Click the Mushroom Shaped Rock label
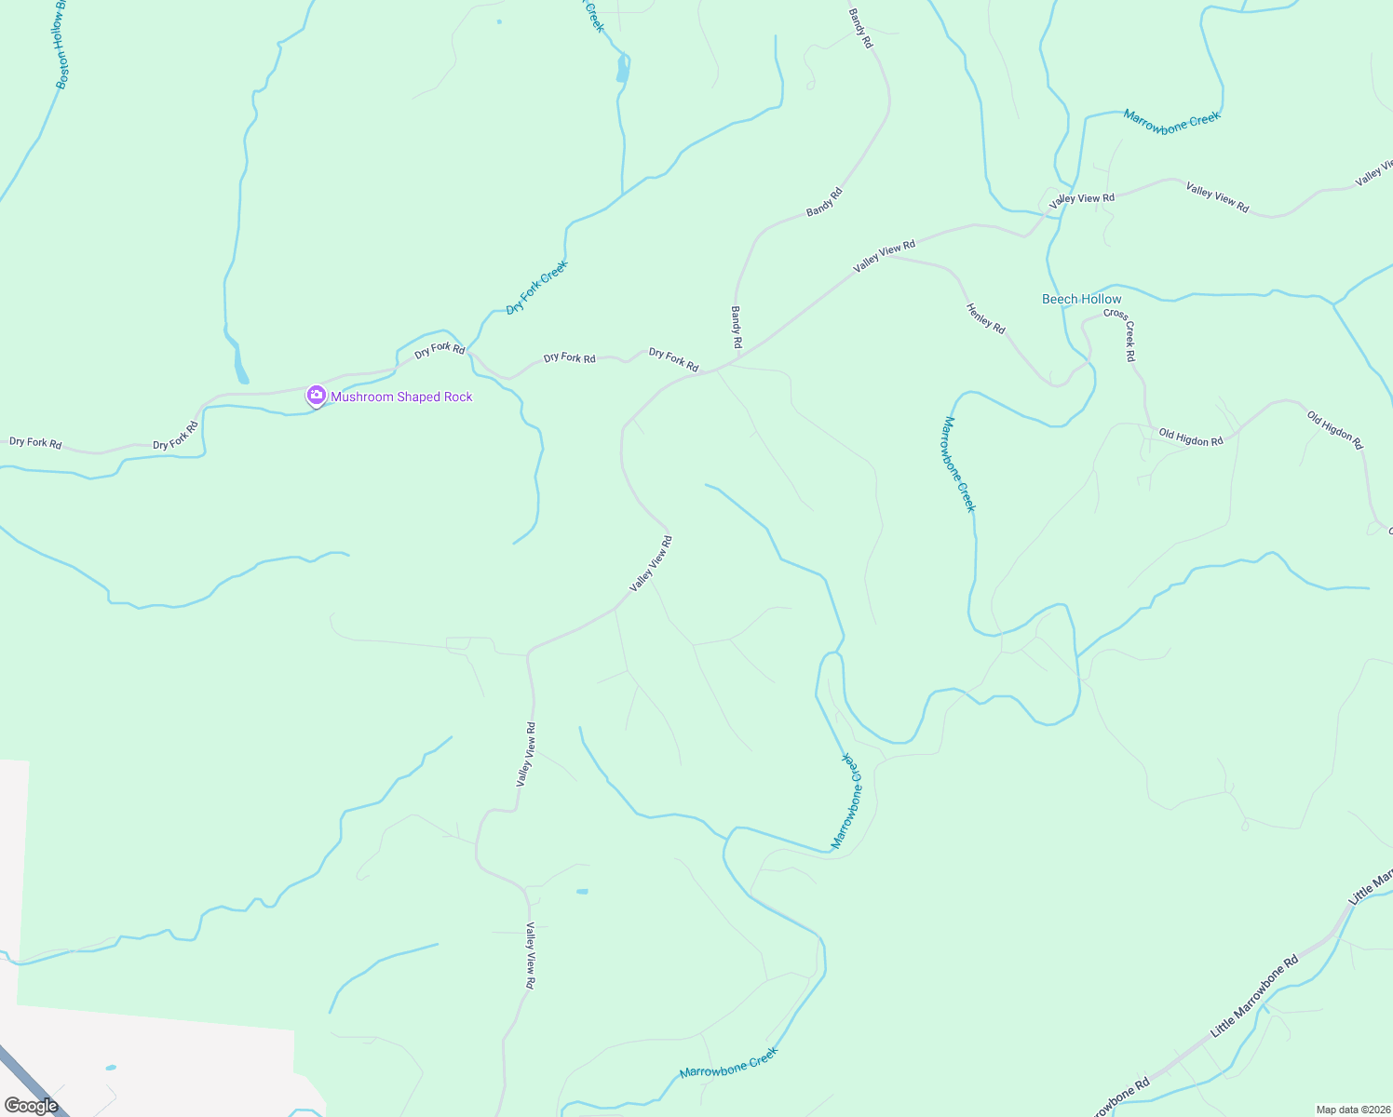click(401, 397)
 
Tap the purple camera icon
click(317, 397)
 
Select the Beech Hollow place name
click(1081, 299)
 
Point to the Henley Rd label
click(985, 319)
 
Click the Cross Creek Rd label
click(1120, 334)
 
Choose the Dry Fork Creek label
click(536, 288)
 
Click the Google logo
click(32, 1106)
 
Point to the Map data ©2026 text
click(1352, 1110)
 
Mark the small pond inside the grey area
click(112, 1067)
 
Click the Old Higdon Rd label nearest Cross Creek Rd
click(1190, 437)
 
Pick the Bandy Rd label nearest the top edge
click(861, 28)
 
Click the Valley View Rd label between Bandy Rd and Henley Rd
click(885, 257)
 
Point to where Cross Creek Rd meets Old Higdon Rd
click(1148, 426)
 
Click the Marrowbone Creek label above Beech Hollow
click(1171, 122)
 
